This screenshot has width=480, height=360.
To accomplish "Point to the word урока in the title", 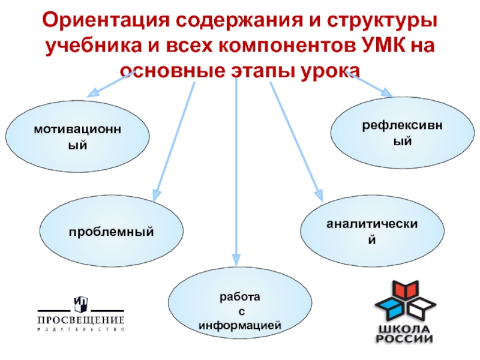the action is pyautogui.click(x=326, y=70).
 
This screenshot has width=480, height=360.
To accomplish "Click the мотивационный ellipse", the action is pyautogui.click(x=79, y=137).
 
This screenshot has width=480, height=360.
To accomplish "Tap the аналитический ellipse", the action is pyautogui.click(x=372, y=232).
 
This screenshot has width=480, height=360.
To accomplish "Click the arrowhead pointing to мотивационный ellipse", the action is pyautogui.click(x=93, y=93).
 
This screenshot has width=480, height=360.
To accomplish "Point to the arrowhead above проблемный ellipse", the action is pyautogui.click(x=156, y=194).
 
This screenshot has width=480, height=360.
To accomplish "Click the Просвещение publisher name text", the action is pyautogui.click(x=81, y=319).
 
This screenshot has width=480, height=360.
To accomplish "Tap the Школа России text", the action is pyautogui.click(x=405, y=334).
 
